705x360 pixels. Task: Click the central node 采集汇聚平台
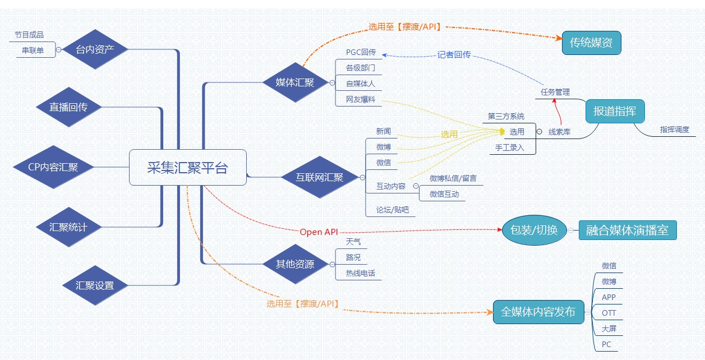tap(187, 167)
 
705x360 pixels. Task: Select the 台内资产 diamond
tap(95, 49)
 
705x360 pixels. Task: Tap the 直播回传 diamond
tap(68, 107)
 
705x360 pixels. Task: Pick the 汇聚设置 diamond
tap(95, 285)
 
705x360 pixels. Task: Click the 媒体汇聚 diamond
tap(295, 83)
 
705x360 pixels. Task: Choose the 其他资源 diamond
tap(295, 264)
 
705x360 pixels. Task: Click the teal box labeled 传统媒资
tap(591, 42)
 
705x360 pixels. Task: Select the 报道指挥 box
tap(615, 111)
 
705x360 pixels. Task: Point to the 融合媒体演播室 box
tap(627, 230)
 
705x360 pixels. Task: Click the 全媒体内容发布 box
tap(538, 312)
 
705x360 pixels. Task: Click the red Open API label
tap(319, 232)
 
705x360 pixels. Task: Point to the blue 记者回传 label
tap(454, 55)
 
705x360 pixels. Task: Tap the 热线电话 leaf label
tap(360, 274)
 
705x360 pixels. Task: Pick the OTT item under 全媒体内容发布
tap(609, 313)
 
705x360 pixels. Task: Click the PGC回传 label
tap(360, 53)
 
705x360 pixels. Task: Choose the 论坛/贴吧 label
tap(393, 210)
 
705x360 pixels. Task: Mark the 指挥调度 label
tap(674, 130)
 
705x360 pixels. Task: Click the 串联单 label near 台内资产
tap(33, 50)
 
